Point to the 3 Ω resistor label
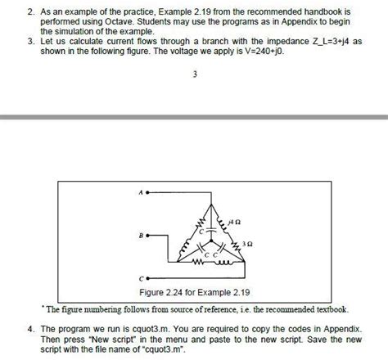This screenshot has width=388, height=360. (x=249, y=243)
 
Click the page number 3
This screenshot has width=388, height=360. (x=195, y=79)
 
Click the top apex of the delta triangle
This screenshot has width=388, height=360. (x=214, y=195)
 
